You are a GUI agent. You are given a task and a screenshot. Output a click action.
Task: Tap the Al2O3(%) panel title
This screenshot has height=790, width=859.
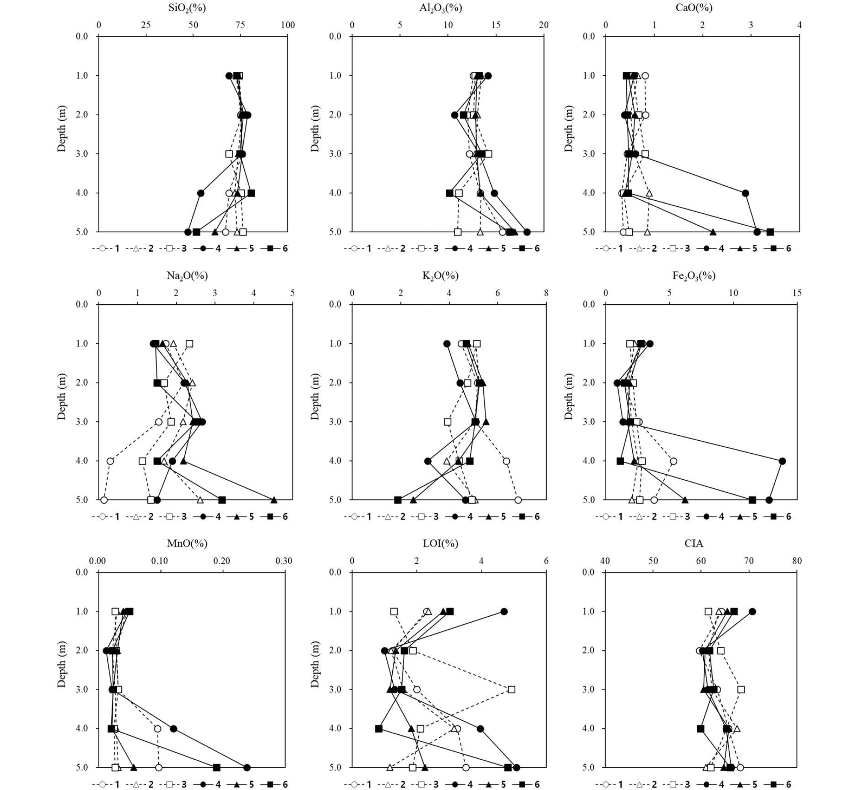point(441,8)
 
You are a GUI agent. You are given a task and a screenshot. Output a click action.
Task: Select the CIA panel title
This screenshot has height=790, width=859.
point(693,543)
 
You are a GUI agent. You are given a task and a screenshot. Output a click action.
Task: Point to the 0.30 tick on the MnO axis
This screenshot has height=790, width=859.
point(283,561)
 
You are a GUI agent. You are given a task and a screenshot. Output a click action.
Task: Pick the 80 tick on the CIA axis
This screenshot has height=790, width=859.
point(797,561)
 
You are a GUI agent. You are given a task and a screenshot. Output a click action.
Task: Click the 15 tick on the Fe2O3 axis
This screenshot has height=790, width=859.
point(797,293)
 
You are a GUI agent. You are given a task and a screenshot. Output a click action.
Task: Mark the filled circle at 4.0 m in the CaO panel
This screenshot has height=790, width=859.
point(745,193)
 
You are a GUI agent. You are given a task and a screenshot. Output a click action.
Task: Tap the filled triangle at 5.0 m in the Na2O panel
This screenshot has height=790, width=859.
point(274,500)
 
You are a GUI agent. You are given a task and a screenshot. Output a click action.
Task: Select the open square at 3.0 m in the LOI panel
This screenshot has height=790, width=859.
point(511,689)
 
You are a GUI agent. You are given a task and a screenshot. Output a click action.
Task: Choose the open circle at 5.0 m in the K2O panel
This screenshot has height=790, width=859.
point(518,500)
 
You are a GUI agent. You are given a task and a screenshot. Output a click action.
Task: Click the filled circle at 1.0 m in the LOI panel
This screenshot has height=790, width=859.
point(504,612)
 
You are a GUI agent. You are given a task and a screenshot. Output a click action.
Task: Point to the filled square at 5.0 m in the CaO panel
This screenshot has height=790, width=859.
point(770,232)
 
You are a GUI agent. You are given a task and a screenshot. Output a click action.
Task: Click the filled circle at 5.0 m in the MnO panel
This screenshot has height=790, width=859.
point(247,768)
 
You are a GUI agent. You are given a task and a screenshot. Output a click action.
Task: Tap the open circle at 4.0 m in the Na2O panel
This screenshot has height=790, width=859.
point(110,461)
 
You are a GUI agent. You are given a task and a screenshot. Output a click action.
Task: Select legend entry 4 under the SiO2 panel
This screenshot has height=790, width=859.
point(210,248)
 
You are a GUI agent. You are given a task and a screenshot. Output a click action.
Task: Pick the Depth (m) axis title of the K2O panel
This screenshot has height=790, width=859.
point(315,401)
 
